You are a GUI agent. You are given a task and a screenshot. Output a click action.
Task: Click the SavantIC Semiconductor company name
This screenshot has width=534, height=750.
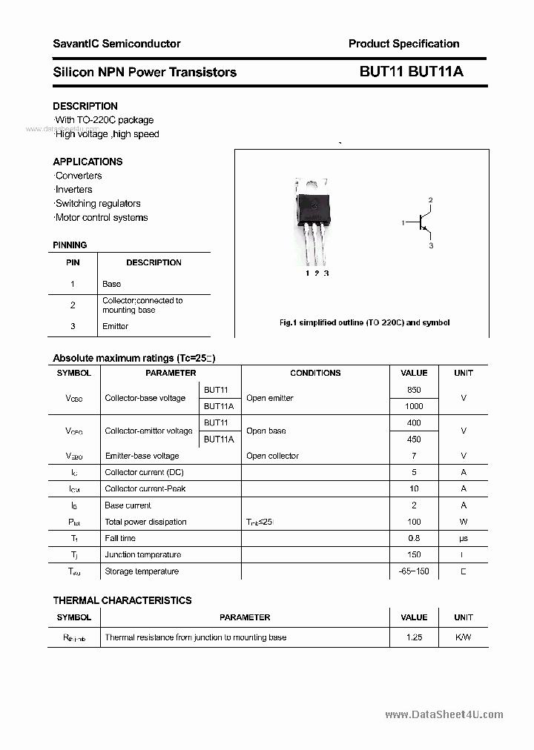(x=116, y=44)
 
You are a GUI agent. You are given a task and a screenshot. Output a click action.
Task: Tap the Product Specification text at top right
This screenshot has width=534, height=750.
(x=403, y=44)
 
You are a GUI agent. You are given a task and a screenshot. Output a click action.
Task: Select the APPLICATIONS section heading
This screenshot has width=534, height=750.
(x=88, y=162)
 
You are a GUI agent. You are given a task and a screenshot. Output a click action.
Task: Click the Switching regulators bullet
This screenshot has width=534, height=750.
(x=97, y=204)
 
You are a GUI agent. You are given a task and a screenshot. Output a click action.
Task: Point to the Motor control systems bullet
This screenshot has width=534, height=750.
(x=101, y=218)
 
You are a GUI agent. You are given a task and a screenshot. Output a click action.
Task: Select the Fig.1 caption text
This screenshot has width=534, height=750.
(x=364, y=323)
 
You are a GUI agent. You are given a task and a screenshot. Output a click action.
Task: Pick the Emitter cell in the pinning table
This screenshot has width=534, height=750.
(x=115, y=326)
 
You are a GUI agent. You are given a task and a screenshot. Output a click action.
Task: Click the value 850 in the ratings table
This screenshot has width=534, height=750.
(x=414, y=390)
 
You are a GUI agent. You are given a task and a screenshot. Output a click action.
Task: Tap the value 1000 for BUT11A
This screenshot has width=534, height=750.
(x=414, y=406)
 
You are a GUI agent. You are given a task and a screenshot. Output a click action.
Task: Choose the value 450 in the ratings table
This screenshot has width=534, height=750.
(x=414, y=439)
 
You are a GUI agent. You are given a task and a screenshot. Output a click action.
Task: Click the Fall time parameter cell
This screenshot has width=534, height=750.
(x=120, y=539)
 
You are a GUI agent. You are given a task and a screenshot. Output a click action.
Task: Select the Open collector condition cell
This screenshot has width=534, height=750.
(x=272, y=456)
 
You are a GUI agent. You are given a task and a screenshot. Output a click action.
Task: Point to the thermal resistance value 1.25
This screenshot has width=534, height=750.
(x=414, y=637)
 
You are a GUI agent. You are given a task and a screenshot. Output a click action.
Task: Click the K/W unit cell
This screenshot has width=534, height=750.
(x=463, y=637)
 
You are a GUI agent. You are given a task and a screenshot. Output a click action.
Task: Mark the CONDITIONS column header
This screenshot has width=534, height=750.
(x=315, y=374)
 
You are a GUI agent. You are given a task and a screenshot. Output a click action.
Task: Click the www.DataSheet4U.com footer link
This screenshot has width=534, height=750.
(x=444, y=715)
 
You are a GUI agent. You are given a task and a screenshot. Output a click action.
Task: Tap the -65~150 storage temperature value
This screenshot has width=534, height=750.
(x=414, y=571)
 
